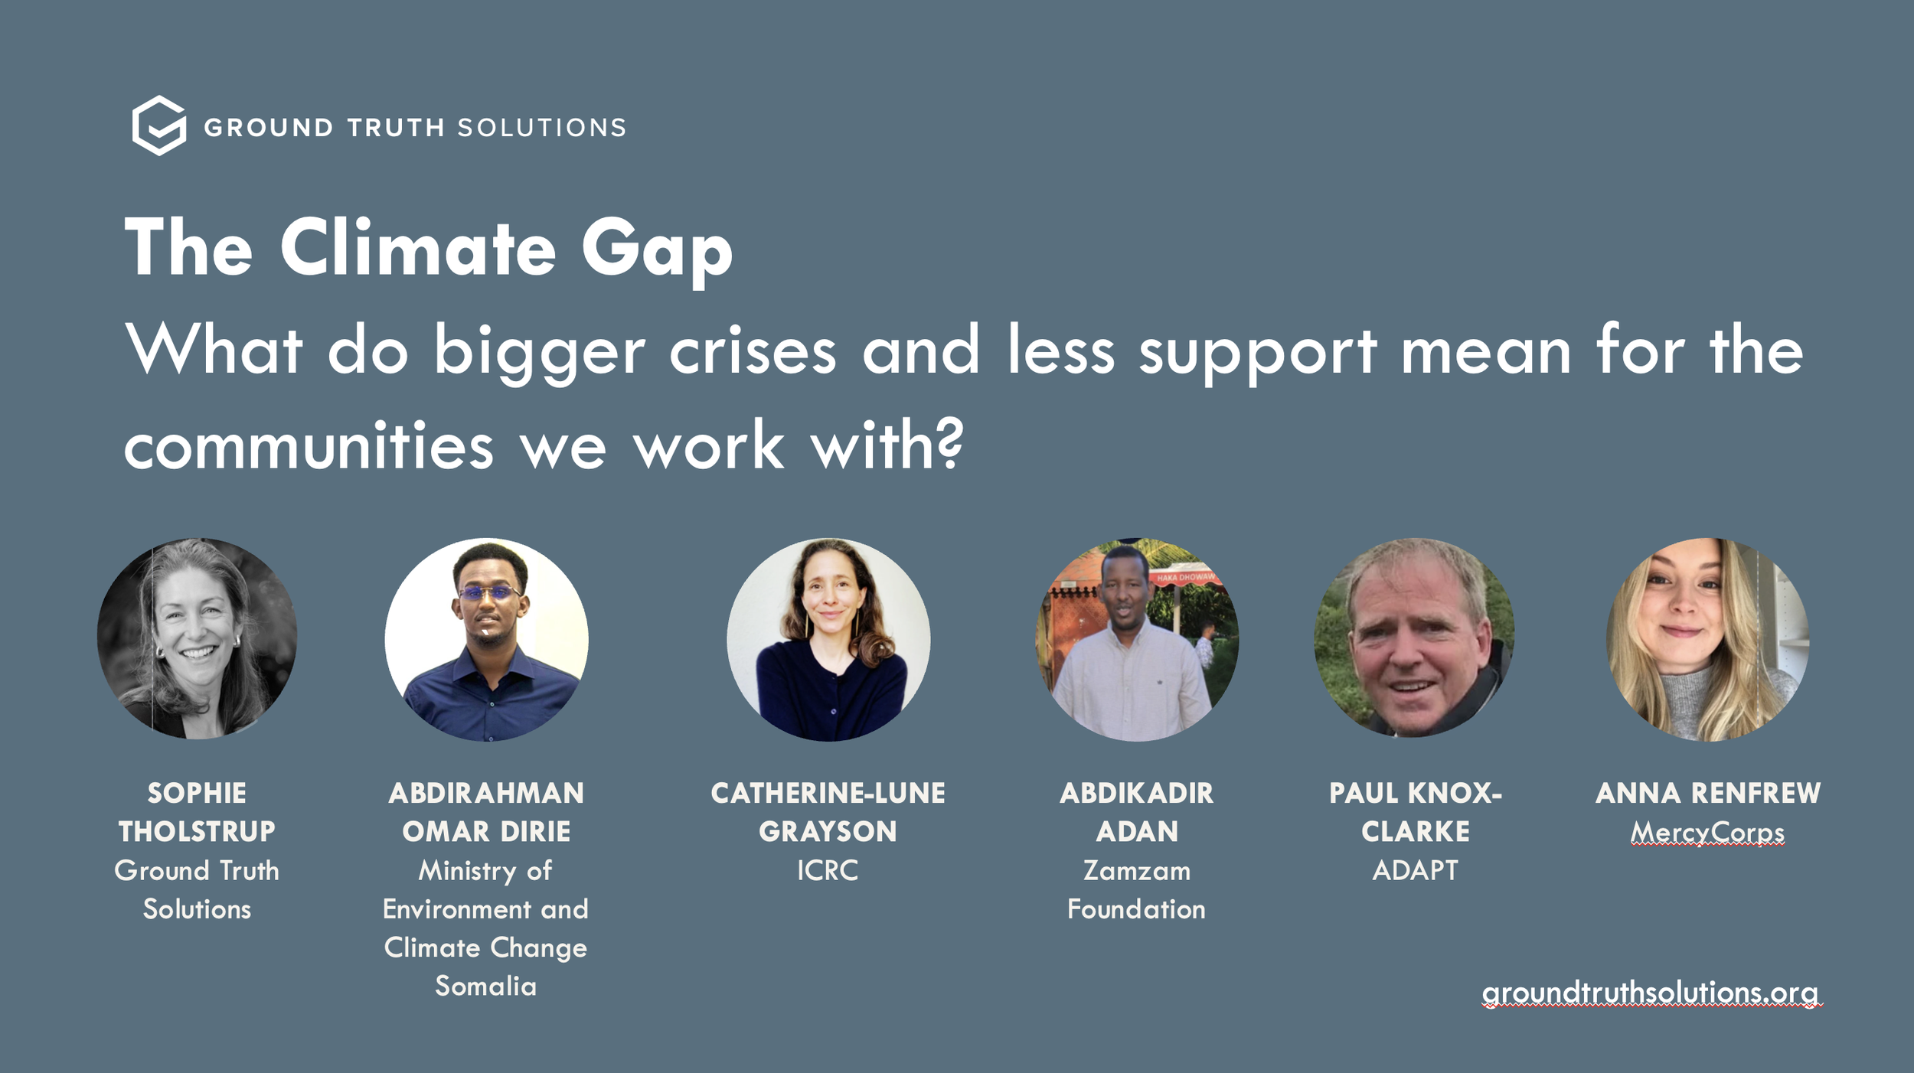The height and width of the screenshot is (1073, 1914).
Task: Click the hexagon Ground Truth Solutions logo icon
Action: (x=159, y=126)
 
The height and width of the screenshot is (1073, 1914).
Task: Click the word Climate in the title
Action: (x=418, y=248)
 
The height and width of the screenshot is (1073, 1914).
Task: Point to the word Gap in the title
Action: (x=657, y=251)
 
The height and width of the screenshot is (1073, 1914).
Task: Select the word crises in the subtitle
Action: (x=753, y=351)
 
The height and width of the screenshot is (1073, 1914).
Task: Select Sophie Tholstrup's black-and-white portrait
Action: (x=198, y=638)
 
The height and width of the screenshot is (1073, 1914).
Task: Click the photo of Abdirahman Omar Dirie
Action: (x=486, y=639)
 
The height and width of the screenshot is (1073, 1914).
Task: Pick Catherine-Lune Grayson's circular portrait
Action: (x=828, y=639)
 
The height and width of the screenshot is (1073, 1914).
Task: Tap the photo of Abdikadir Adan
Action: (x=1137, y=639)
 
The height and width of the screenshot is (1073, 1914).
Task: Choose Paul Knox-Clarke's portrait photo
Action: (x=1414, y=638)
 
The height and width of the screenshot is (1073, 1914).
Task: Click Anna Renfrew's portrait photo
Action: (x=1707, y=639)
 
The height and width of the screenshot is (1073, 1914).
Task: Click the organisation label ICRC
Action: (x=828, y=870)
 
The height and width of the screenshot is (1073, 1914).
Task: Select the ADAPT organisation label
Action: (x=1415, y=870)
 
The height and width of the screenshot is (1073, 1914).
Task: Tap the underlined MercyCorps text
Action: (x=1707, y=832)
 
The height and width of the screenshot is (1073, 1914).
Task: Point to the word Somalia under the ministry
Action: (x=485, y=986)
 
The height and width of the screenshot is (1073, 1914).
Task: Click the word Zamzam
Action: (x=1137, y=870)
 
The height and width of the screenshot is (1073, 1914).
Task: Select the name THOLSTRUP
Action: (x=197, y=831)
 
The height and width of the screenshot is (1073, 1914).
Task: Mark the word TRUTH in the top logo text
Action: (x=396, y=127)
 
